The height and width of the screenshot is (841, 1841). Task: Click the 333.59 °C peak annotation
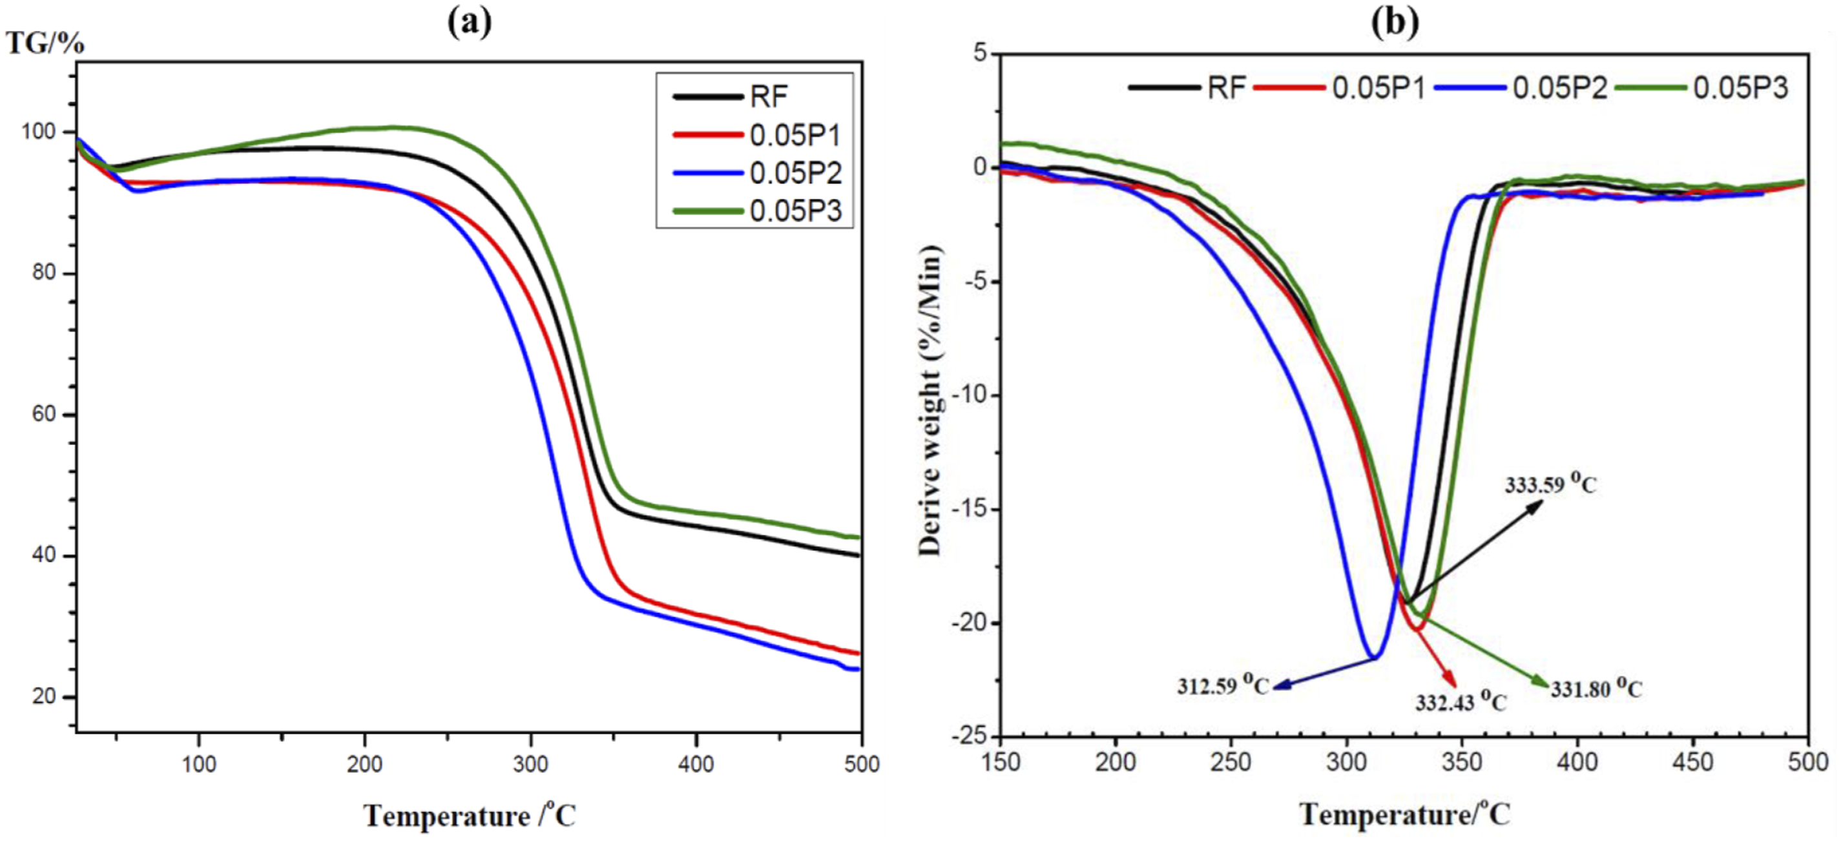pos(1551,484)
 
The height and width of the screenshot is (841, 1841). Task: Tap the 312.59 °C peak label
pos(1223,685)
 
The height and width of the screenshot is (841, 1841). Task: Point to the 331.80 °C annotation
pos(1597,688)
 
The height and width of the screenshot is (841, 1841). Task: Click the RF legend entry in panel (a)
pos(731,96)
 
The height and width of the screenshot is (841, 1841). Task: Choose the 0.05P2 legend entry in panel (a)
pos(758,173)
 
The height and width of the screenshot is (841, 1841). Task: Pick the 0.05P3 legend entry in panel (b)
pos(1701,88)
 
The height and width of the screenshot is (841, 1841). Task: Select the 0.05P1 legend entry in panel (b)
pos(1340,88)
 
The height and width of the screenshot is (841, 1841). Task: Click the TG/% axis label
pos(46,43)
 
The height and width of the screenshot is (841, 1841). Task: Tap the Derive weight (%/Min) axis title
pos(930,400)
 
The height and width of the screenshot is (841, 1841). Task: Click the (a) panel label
pos(470,22)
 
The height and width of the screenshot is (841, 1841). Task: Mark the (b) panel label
pos(1395,22)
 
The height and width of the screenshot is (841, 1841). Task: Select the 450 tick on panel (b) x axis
pos(1693,762)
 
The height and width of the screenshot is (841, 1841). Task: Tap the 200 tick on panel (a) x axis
pos(364,765)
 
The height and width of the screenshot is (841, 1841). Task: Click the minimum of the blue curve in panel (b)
pos(1373,657)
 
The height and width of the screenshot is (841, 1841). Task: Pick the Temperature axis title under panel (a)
pos(470,815)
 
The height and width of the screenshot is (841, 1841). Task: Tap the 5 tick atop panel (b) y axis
pos(979,52)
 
